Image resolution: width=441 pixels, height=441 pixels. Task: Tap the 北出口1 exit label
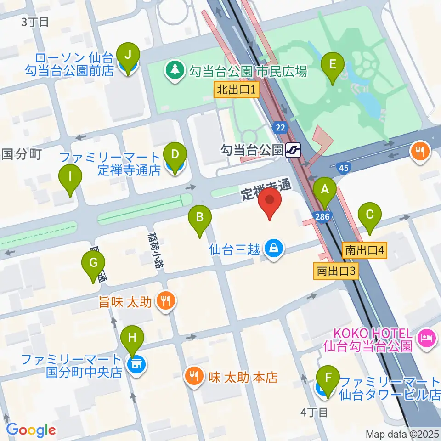coord(237,89)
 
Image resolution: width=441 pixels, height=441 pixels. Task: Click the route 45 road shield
coord(343,169)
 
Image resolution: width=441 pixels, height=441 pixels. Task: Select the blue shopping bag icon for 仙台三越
coord(274,249)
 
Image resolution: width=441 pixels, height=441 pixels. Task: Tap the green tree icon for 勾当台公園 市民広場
coord(175,71)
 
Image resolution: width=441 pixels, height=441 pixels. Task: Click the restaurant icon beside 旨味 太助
coord(165,301)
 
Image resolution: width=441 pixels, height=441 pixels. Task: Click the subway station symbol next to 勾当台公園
coord(293,150)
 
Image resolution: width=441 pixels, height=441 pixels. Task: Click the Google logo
coord(31,430)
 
